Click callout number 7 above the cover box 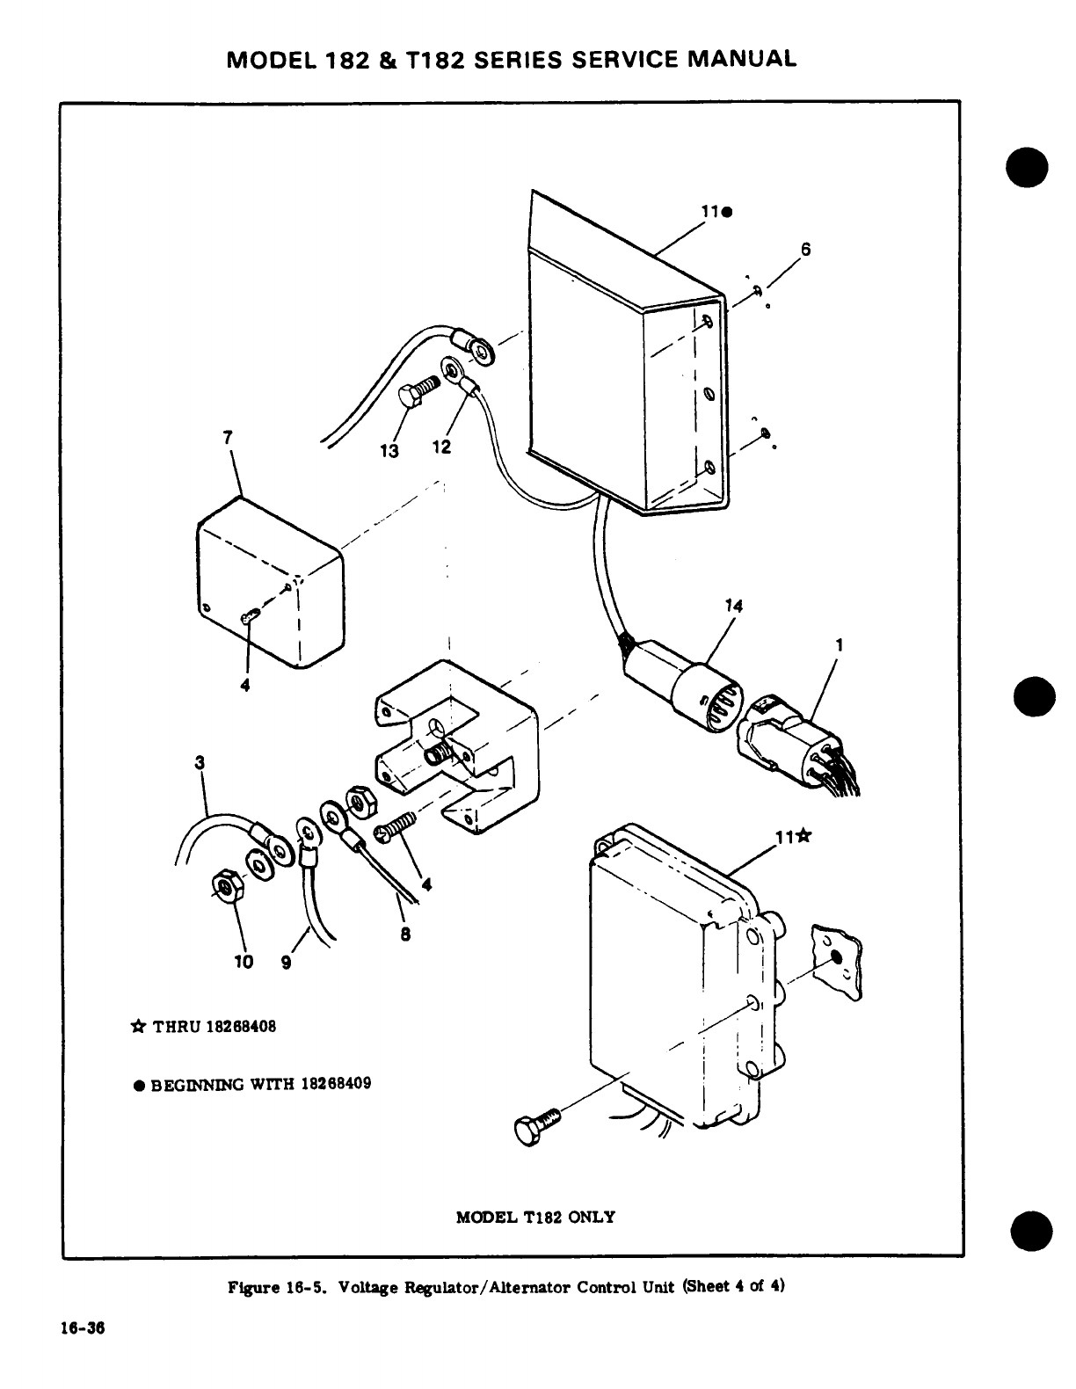[x=228, y=437]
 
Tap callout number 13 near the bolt [x=389, y=450]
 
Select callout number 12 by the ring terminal [x=441, y=447]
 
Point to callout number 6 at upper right [x=804, y=249]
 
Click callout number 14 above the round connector [x=734, y=606]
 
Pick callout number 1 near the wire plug [x=840, y=644]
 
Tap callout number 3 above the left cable [x=200, y=762]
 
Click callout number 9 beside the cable [x=286, y=962]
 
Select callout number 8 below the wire [x=405, y=935]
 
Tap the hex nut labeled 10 [x=228, y=888]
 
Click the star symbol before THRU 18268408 [x=138, y=1026]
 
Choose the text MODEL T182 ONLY [x=535, y=1218]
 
